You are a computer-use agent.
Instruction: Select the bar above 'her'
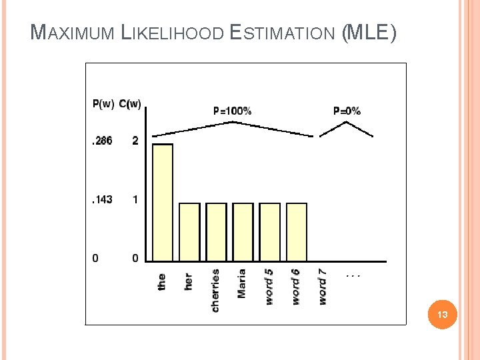point(189,231)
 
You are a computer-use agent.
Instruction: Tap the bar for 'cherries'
point(216,231)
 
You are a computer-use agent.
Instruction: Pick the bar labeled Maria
point(243,231)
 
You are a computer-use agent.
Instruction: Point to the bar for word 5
point(269,231)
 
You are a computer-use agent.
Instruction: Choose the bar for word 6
point(296,231)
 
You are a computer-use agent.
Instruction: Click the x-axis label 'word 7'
point(323,286)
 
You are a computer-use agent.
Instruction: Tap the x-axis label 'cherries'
point(215,290)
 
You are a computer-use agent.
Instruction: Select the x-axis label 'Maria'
point(242,283)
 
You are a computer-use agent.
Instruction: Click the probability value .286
point(102,141)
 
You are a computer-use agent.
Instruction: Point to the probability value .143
point(102,199)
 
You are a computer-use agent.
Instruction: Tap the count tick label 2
point(135,141)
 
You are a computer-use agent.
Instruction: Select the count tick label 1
point(135,199)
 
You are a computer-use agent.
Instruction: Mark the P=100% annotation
point(232,111)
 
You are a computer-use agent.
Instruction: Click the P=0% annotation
point(347,111)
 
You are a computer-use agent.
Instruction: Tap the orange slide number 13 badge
point(443,314)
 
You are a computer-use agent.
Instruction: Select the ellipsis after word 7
point(353,274)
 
